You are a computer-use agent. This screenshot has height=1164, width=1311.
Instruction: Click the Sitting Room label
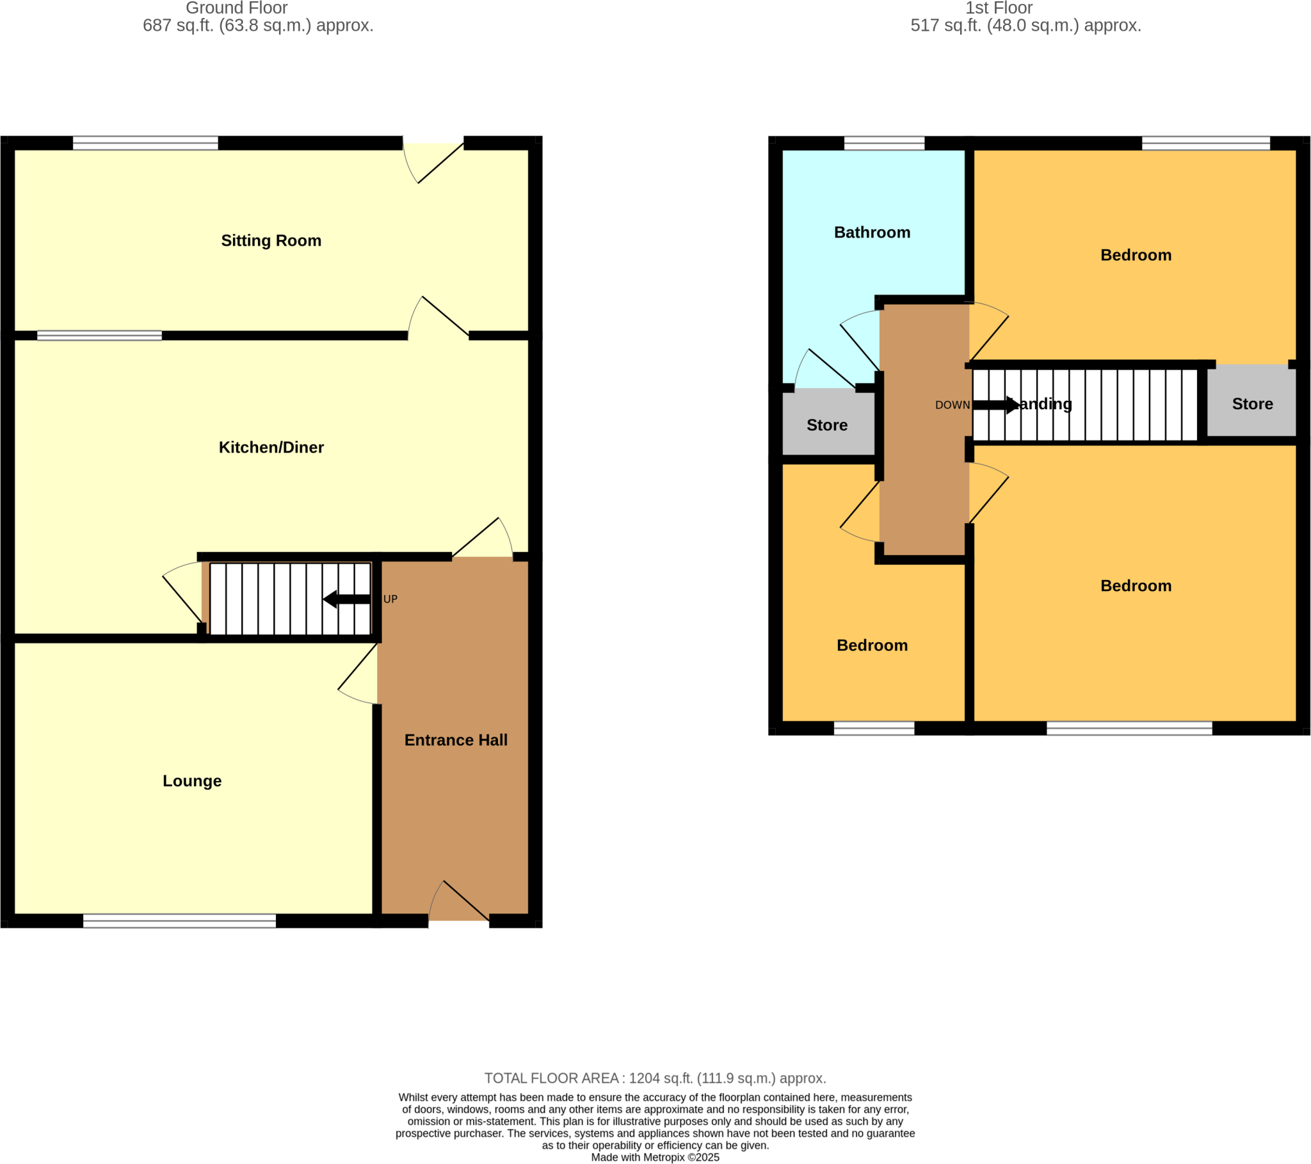point(271,241)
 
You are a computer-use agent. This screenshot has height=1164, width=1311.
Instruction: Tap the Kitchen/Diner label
point(271,448)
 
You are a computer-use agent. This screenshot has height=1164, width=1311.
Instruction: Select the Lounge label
point(192,781)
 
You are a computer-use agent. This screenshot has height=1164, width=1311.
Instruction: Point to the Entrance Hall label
point(455,740)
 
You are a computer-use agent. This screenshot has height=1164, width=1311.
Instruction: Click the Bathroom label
point(872,232)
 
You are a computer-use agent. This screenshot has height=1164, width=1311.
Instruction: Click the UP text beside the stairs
point(390,599)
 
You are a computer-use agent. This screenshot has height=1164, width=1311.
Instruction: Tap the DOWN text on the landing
point(952,405)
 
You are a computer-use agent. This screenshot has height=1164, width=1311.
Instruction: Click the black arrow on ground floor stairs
point(346,599)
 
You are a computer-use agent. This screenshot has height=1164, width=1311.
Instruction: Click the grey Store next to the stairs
point(1252,403)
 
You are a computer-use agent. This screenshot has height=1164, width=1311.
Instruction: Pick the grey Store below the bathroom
point(827,424)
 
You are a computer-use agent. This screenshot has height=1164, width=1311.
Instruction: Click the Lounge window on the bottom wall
point(180,921)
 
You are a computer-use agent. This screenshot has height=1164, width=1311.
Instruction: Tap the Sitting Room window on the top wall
point(145,143)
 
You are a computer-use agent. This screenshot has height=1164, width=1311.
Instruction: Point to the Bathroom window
point(884,143)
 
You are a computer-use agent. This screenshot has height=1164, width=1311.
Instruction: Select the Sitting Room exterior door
point(433,154)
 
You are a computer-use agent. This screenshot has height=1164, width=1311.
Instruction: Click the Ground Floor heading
point(237,8)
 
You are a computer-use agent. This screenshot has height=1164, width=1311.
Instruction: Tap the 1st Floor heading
point(999,8)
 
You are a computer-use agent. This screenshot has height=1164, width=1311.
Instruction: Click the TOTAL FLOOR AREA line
point(655,1078)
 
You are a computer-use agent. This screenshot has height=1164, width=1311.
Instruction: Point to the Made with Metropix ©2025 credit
point(655,1158)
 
